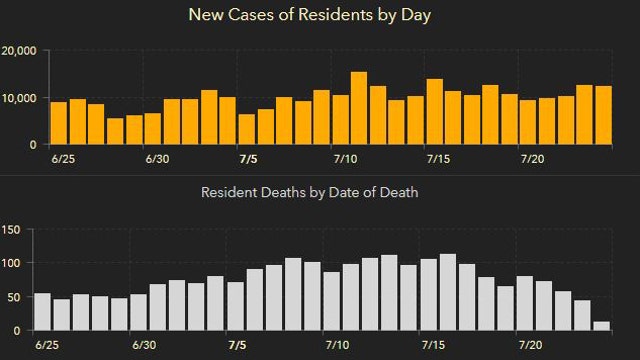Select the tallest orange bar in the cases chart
(x=359, y=108)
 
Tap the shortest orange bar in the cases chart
(x=115, y=131)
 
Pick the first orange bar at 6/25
(x=59, y=123)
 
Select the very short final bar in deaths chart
(x=601, y=326)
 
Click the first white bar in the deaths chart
(x=42, y=311)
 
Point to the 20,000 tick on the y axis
(x=20, y=51)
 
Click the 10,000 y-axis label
(x=20, y=98)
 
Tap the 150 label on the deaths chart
(x=11, y=230)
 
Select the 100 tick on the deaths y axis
(x=11, y=263)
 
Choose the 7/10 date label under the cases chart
(x=345, y=159)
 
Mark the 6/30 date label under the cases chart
(x=158, y=159)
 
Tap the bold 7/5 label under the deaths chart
(x=241, y=345)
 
